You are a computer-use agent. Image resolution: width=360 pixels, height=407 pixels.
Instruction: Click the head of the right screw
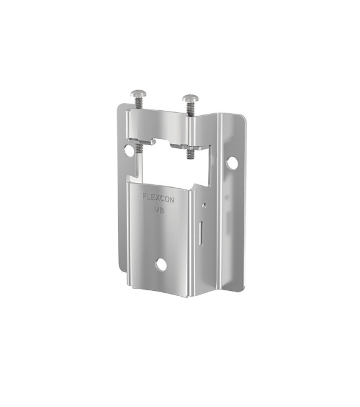(191, 98)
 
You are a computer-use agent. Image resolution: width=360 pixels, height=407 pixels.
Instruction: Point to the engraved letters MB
(159, 210)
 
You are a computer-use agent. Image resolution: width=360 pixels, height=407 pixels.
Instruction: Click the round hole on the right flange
(232, 163)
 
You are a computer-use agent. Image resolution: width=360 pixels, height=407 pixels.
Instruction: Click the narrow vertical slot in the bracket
(201, 233)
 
